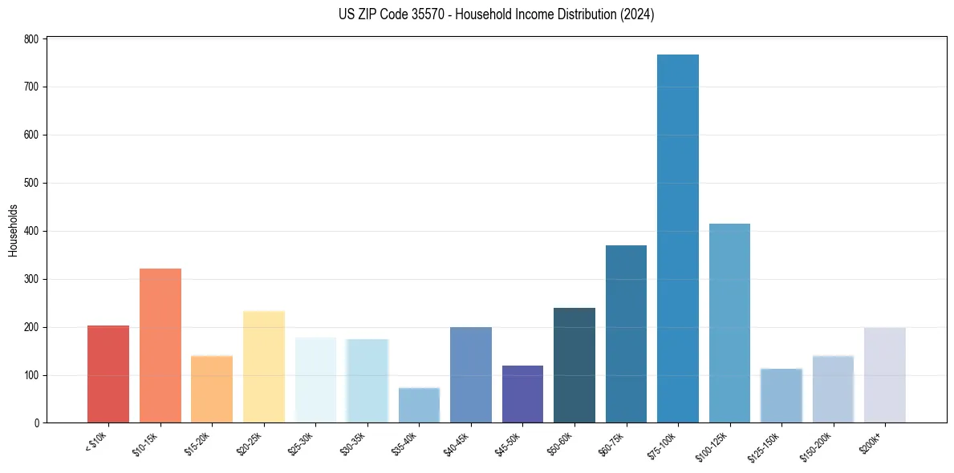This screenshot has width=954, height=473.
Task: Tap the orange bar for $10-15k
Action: [160, 346]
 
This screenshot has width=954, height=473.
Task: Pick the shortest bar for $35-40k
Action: [419, 405]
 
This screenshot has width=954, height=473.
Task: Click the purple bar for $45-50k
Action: [522, 394]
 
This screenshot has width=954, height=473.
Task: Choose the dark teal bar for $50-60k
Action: [574, 366]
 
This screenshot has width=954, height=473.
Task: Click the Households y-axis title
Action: [13, 230]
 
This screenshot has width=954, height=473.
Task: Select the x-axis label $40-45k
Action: [456, 443]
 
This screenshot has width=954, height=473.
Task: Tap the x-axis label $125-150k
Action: [764, 445]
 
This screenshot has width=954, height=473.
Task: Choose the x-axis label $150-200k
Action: [816, 445]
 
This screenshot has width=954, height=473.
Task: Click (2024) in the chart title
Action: [637, 14]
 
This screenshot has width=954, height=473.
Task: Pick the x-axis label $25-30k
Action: [300, 443]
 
